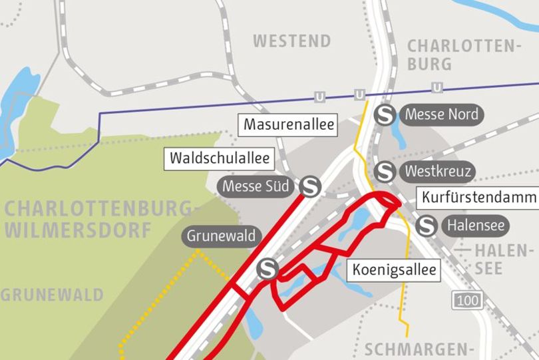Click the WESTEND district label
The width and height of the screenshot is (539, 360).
point(291,41)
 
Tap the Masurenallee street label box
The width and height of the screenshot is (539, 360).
point(288,124)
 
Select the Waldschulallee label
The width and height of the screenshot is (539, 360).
point(220,158)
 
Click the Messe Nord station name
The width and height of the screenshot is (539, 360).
point(441,114)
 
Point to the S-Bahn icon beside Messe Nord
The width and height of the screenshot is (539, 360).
point(385,115)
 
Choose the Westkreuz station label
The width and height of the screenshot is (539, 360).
point(438,172)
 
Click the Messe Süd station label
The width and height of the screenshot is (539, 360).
point(257,186)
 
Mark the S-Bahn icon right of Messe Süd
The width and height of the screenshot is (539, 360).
point(310,187)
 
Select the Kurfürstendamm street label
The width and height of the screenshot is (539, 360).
point(478,198)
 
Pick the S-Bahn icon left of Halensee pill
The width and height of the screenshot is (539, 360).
point(426,227)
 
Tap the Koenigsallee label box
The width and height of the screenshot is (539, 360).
point(395,270)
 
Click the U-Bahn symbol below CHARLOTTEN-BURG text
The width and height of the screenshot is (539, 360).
point(437,88)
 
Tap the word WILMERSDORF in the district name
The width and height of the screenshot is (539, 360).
point(79,231)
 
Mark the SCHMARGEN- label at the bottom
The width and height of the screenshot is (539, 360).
point(419,350)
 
